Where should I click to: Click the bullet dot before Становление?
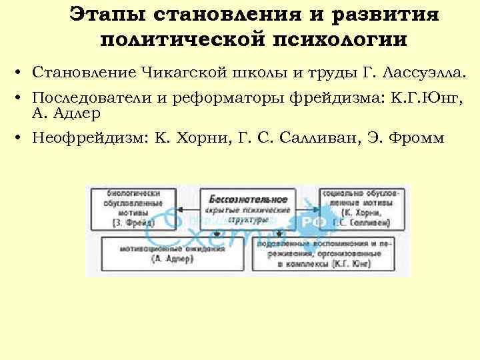[x=21, y=72]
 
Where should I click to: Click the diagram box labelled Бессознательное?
[x=247, y=209]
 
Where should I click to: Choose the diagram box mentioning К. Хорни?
[x=361, y=208]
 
